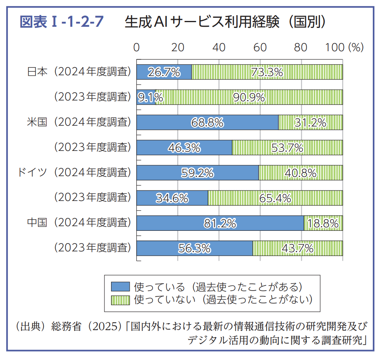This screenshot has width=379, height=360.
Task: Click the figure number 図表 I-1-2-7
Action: point(62,22)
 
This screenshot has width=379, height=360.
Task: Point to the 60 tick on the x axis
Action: point(260,47)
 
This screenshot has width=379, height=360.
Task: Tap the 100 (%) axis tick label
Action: point(344,47)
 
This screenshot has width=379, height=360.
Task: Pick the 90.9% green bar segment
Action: point(249,97)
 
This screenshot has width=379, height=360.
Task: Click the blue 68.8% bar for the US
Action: point(207,123)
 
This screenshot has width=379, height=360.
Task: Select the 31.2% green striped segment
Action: point(311,123)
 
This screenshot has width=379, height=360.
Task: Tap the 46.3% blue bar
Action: point(184,148)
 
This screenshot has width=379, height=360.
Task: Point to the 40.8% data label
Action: point(301,173)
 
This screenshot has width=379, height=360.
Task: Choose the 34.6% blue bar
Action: point(172,198)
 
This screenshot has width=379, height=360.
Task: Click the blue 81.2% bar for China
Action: point(220,223)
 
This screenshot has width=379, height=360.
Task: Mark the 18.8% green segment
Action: point(323,223)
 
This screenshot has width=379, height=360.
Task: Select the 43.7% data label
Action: point(297,248)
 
